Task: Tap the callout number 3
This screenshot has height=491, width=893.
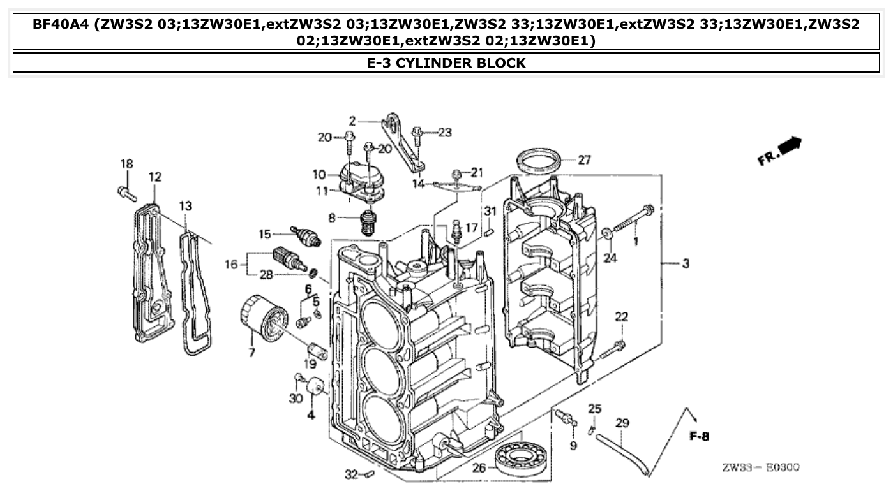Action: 686,263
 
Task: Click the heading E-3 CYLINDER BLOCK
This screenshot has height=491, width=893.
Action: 446,62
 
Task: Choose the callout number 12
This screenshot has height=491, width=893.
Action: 155,177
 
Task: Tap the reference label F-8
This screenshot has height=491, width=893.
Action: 700,437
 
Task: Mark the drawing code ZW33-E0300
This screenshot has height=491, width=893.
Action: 760,468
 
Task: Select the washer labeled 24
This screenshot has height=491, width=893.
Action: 609,235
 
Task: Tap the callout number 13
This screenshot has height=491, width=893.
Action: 185,206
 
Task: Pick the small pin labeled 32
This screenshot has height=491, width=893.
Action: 369,474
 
